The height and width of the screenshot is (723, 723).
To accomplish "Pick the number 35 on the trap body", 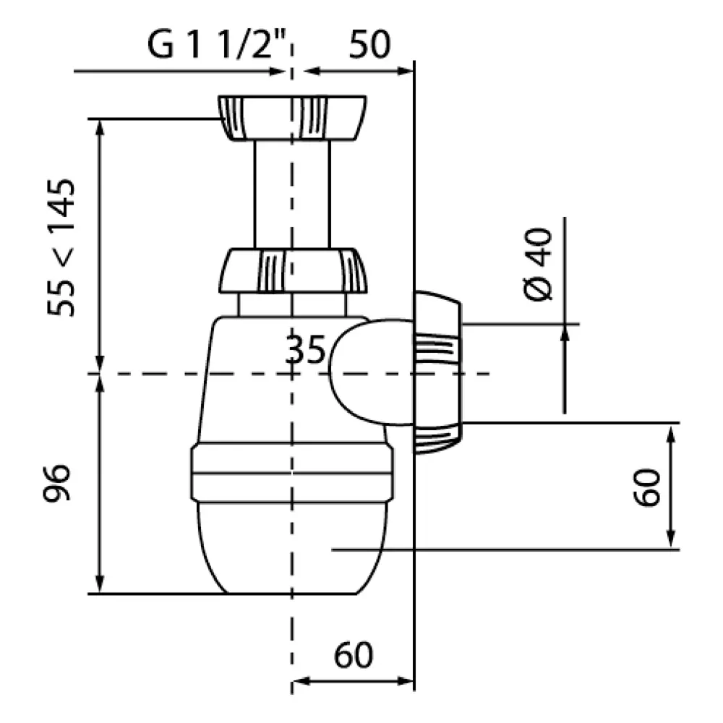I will (305, 352).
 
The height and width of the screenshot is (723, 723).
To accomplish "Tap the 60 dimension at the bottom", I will (354, 656).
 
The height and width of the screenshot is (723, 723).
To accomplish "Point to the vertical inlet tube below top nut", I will (292, 194).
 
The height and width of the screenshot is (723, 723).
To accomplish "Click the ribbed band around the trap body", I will (292, 474).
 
